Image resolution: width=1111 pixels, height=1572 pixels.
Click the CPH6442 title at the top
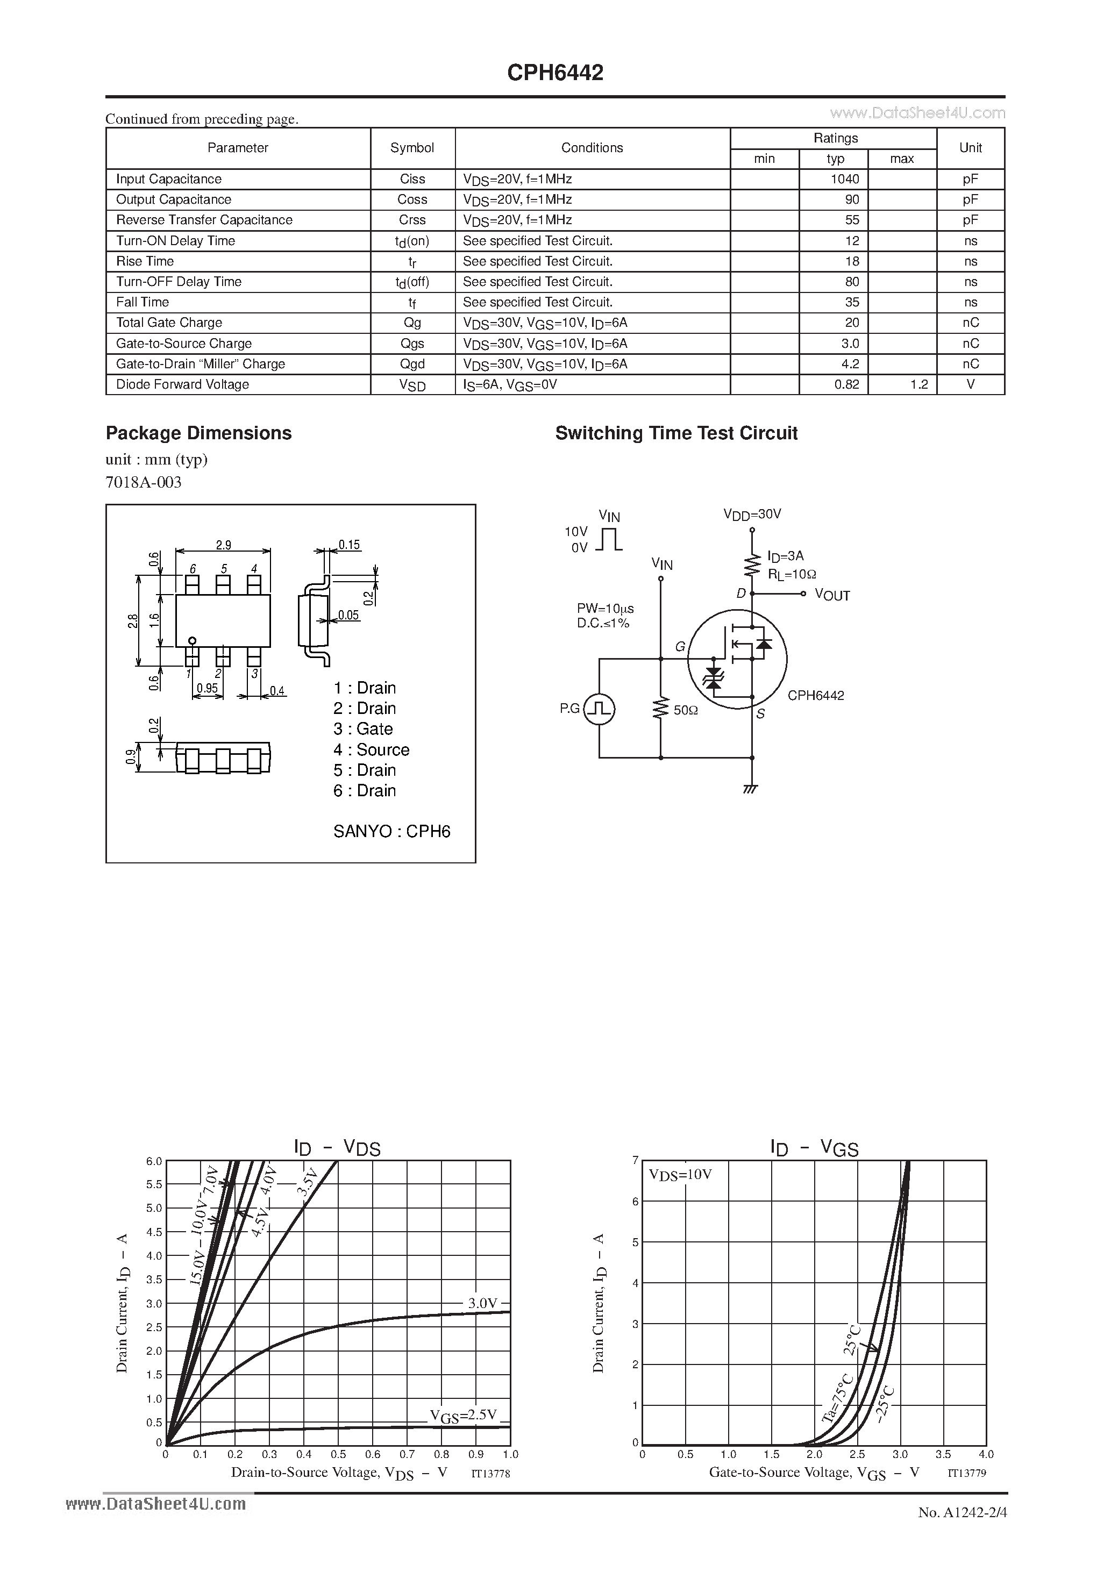[x=555, y=73]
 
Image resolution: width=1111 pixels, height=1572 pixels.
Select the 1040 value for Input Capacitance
[x=845, y=178]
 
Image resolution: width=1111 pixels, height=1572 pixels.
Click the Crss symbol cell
[x=412, y=220]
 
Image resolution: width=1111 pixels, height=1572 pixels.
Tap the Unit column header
[x=970, y=148]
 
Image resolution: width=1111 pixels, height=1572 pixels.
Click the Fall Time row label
[x=143, y=302]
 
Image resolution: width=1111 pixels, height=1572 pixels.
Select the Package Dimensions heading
[x=198, y=433]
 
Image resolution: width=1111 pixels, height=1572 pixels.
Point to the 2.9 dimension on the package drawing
[x=223, y=545]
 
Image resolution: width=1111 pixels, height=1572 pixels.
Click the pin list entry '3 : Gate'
[x=363, y=728]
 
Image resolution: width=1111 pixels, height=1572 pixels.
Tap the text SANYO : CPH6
[x=392, y=831]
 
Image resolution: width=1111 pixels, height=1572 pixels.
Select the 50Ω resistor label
[x=685, y=711]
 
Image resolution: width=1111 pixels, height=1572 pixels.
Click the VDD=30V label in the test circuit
[x=752, y=514]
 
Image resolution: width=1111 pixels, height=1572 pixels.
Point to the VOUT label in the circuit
[x=832, y=595]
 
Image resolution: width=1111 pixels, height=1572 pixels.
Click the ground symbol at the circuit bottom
[x=751, y=789]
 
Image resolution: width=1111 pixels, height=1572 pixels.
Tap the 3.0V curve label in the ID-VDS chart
[x=482, y=1303]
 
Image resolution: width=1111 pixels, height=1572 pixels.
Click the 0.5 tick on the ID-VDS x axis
[x=338, y=1454]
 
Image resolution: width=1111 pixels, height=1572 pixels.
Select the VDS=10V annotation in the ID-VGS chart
[x=680, y=1174]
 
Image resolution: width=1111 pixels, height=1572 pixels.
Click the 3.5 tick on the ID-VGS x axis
[x=943, y=1454]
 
